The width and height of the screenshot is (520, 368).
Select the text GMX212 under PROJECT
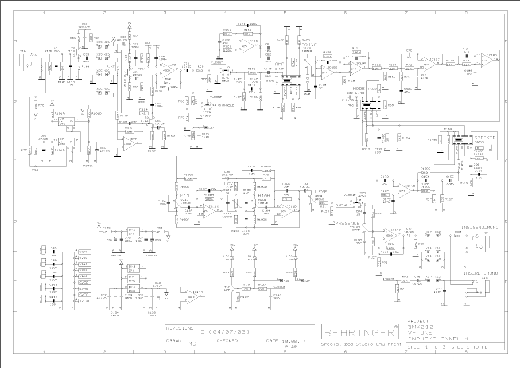[418, 327]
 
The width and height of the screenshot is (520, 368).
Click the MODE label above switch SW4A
[358, 89]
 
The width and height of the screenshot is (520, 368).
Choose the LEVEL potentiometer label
[323, 191]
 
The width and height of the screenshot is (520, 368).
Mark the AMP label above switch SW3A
[280, 64]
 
